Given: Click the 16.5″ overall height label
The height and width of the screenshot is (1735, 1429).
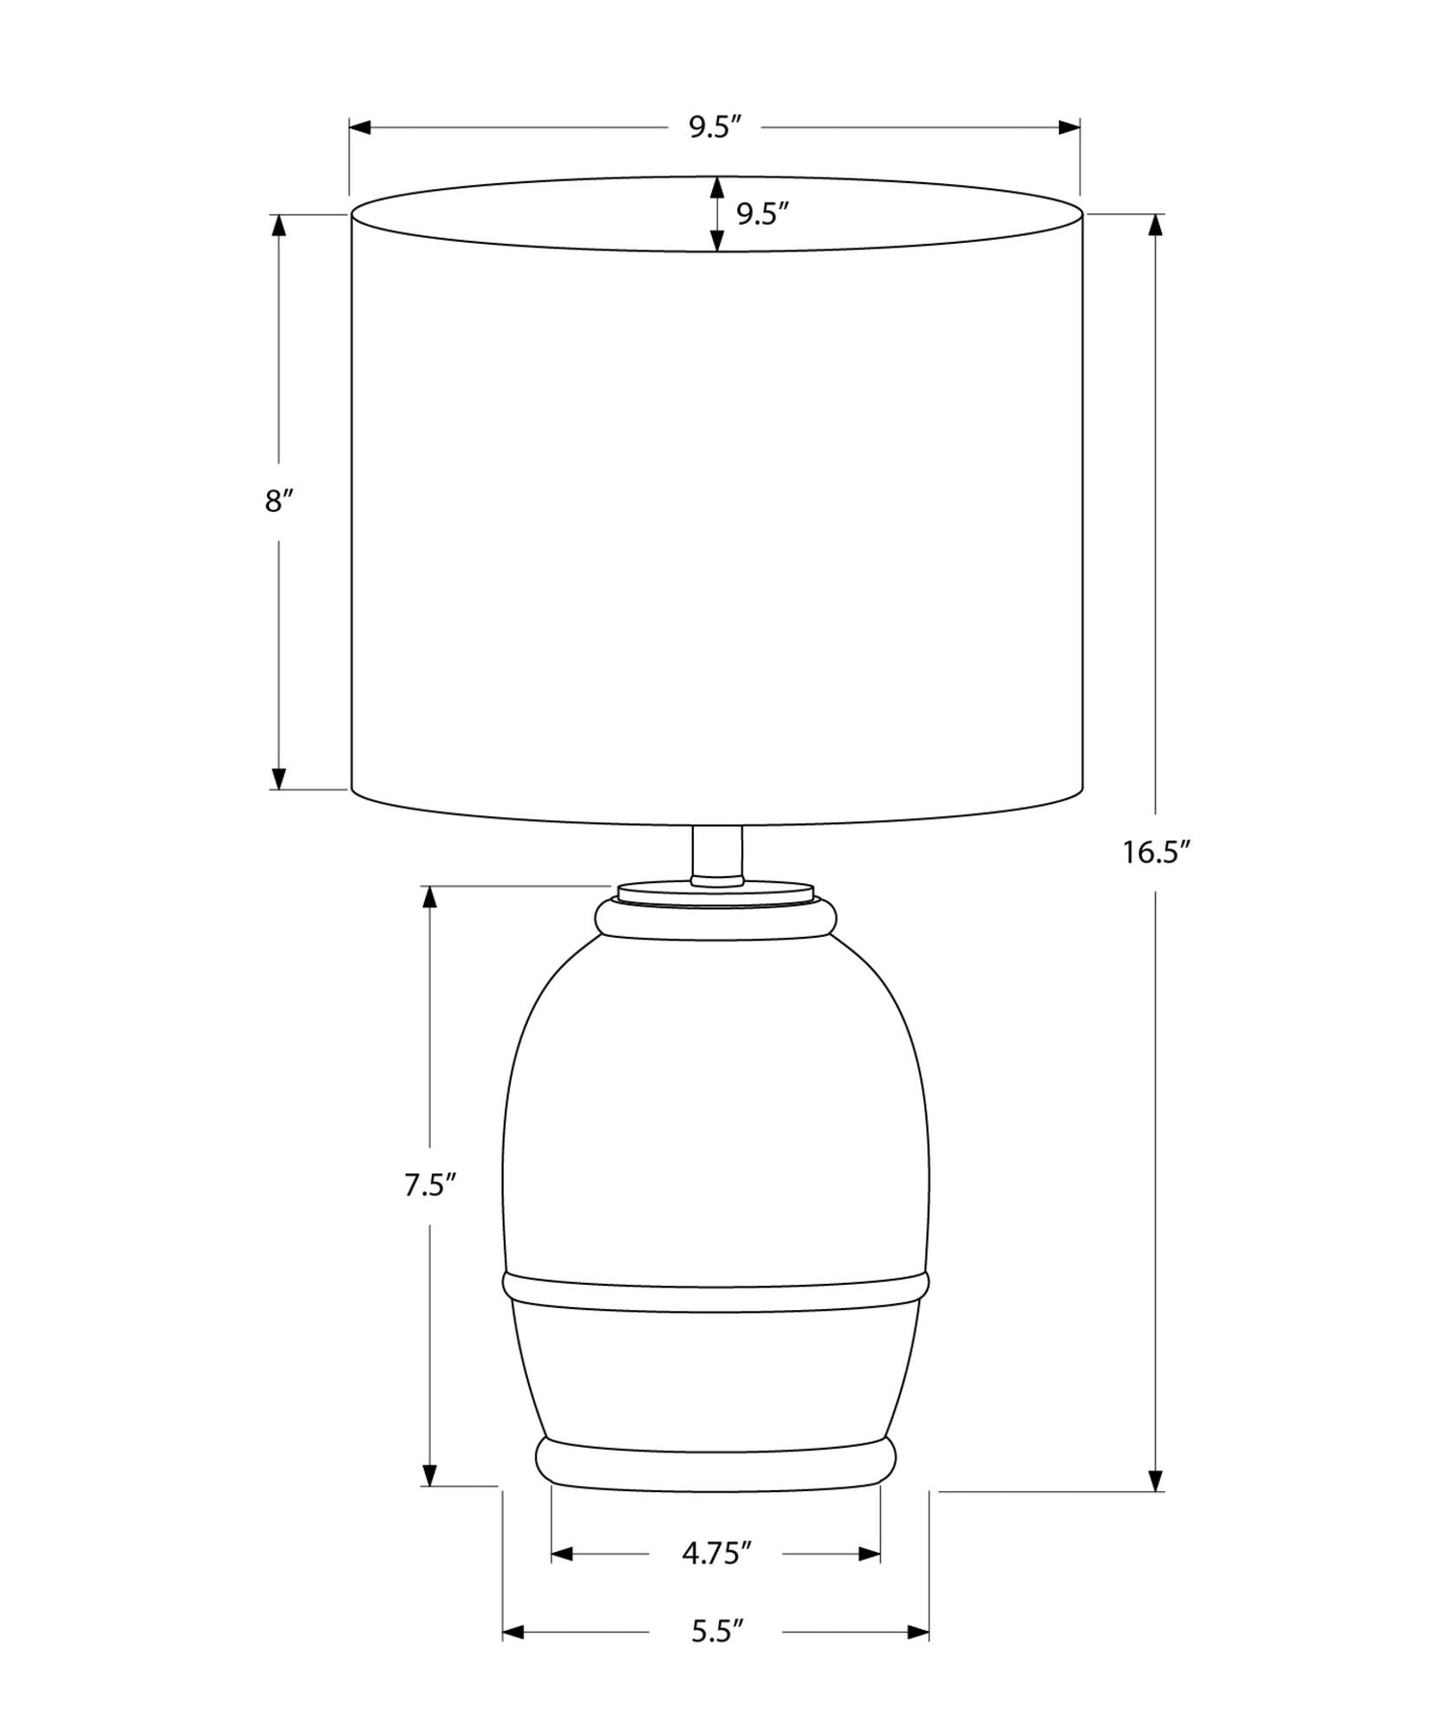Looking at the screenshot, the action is [x=1156, y=853].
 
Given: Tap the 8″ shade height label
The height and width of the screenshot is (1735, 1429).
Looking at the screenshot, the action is [x=278, y=501].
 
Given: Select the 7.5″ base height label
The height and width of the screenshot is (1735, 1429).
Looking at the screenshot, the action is [x=430, y=1186].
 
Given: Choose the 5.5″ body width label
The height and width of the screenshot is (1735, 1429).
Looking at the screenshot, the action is [x=717, y=1632].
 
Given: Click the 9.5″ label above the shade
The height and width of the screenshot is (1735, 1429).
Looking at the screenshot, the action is [x=714, y=128].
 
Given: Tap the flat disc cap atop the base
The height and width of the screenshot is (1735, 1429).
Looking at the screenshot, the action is [x=715, y=893].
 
